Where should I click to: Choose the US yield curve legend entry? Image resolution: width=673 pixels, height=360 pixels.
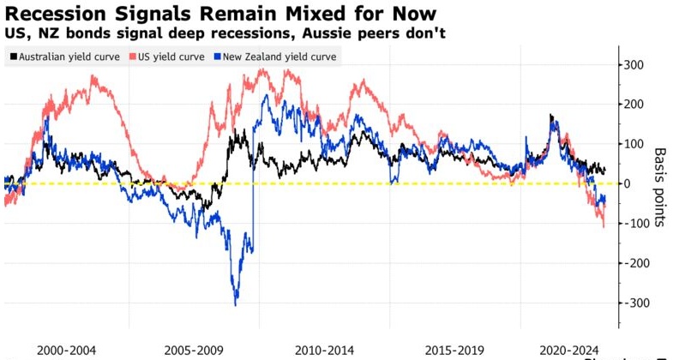click(x=169, y=57)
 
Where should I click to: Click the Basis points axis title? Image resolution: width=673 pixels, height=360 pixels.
click(x=660, y=184)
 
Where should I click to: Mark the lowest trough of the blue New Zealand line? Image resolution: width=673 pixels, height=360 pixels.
click(x=236, y=303)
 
